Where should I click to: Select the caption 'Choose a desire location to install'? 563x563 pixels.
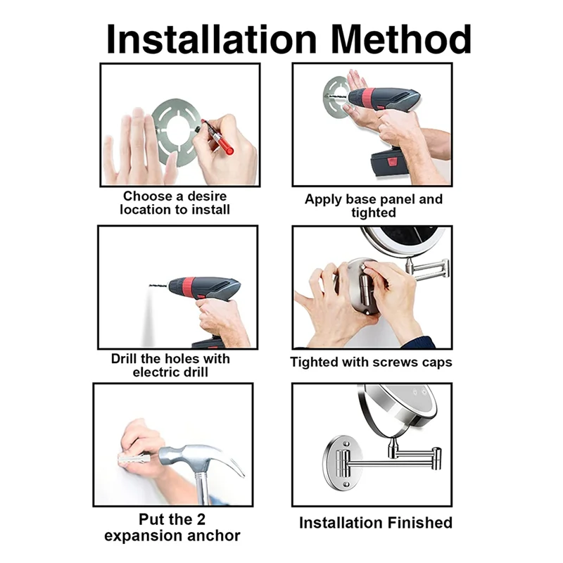click(175, 203)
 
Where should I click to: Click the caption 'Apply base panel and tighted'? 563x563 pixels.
click(373, 205)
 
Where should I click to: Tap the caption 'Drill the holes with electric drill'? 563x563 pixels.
click(170, 365)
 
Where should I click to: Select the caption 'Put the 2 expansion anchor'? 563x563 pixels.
click(172, 528)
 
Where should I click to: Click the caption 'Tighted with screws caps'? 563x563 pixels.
click(371, 362)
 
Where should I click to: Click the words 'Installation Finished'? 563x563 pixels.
click(375, 523)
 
